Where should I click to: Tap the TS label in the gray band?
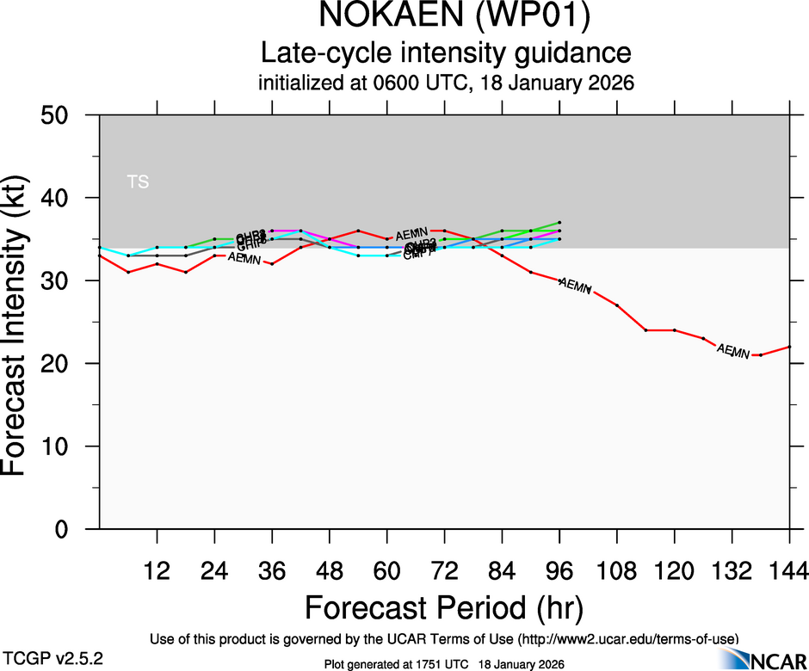coord(138,182)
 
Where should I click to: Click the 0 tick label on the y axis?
coord(68,530)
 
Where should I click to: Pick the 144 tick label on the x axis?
coord(789,569)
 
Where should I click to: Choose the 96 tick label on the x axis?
coord(559,569)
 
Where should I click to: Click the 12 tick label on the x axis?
coord(157,569)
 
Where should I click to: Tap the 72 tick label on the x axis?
coord(444,569)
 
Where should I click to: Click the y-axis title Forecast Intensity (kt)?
coord(21,323)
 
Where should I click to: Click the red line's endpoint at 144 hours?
coord(790,347)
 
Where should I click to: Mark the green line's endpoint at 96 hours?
coord(559,222)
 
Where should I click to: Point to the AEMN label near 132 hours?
coord(732,351)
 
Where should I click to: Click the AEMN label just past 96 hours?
coord(575,285)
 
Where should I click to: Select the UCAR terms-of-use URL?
coord(627,639)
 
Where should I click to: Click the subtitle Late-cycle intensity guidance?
coord(446,53)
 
